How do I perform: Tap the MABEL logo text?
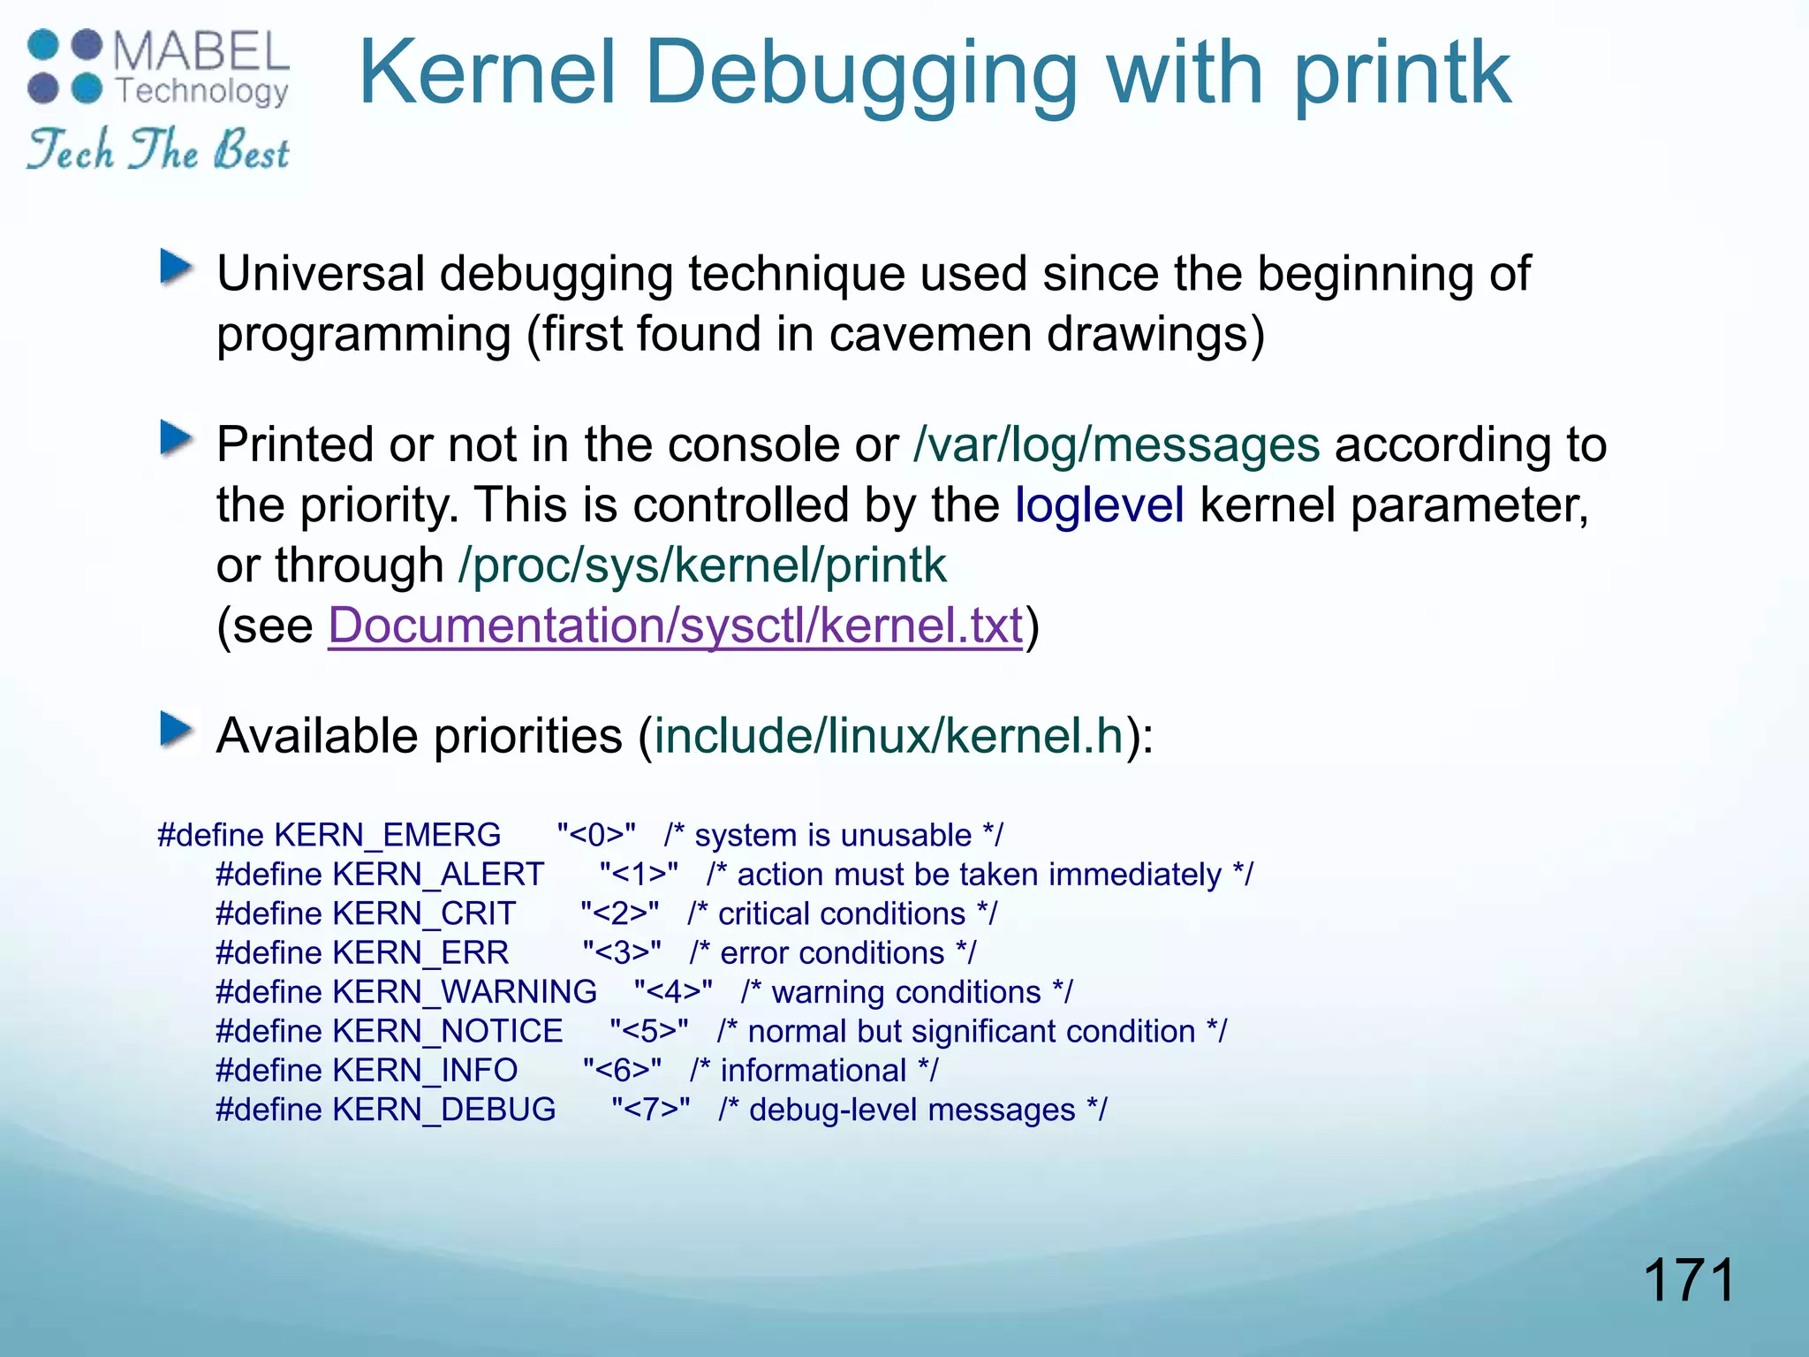[x=201, y=51]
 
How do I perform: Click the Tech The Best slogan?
[x=158, y=149]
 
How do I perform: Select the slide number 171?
[x=1689, y=1280]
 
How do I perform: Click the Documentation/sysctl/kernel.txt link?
[x=675, y=625]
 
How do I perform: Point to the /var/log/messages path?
[x=1116, y=443]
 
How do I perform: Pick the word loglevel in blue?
[x=1099, y=504]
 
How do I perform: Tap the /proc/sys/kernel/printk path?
[x=702, y=565]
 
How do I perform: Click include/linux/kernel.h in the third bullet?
[x=889, y=736]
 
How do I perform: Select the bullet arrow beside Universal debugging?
[x=177, y=267]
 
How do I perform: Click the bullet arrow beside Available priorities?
[x=177, y=730]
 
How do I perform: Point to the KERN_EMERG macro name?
[x=388, y=835]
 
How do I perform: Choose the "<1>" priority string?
[x=639, y=875]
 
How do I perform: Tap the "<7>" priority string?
[x=651, y=1110]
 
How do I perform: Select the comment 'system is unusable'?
[x=833, y=835]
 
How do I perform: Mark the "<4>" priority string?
[x=673, y=992]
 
